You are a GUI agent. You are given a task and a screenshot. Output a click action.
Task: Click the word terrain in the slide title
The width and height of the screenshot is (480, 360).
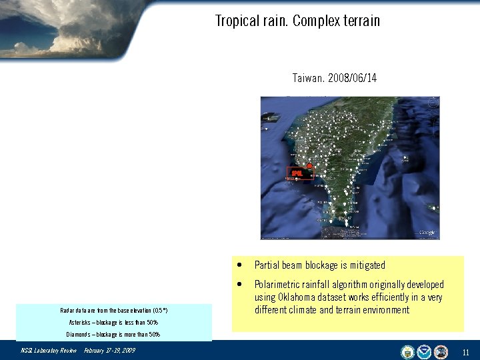point(360,21)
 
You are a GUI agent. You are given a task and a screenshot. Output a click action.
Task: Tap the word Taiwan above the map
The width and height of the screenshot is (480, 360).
point(308,78)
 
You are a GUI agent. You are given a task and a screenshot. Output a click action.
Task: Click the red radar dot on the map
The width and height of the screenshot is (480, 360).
point(309,166)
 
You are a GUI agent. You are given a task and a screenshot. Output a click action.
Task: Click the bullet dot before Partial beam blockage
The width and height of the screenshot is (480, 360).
point(239,265)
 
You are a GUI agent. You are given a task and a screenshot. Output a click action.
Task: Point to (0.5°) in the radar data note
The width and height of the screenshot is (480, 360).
point(156,311)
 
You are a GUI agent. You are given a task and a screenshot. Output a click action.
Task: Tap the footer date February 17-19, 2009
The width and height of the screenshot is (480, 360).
point(109,351)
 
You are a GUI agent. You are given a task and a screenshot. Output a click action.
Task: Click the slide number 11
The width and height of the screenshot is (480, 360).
point(465,351)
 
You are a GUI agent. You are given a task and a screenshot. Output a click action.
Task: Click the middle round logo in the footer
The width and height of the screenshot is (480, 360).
point(424,351)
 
